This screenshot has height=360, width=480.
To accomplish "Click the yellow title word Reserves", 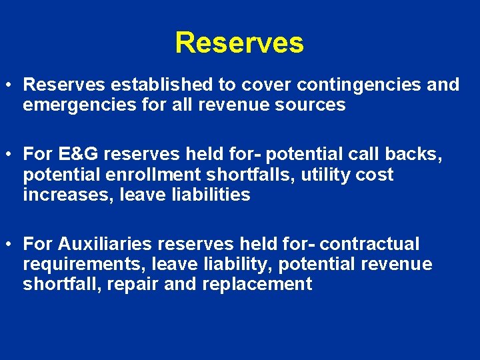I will pyautogui.click(x=239, y=43).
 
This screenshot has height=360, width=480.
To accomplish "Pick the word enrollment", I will pyautogui.click(x=158, y=175).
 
